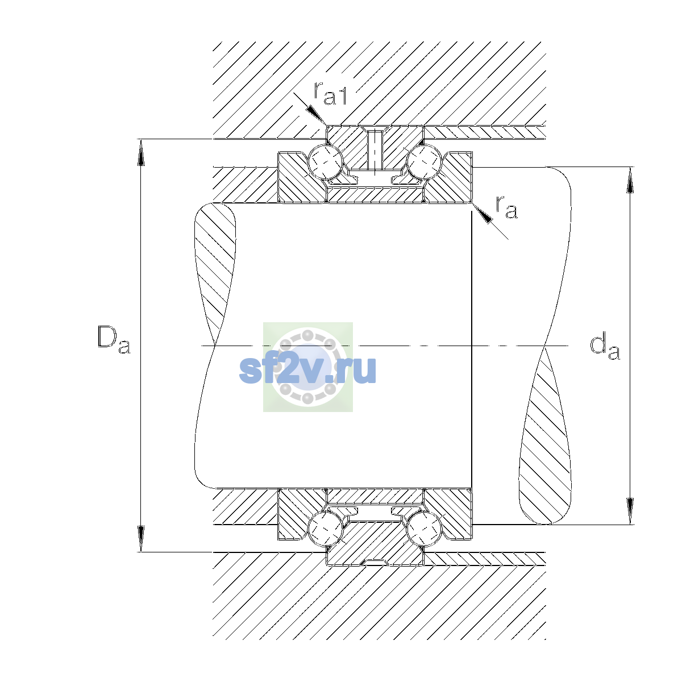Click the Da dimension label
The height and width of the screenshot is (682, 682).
pyautogui.click(x=113, y=340)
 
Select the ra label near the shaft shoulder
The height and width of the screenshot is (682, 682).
pyautogui.click(x=506, y=207)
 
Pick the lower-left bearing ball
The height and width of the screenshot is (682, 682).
pyautogui.click(x=326, y=529)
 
